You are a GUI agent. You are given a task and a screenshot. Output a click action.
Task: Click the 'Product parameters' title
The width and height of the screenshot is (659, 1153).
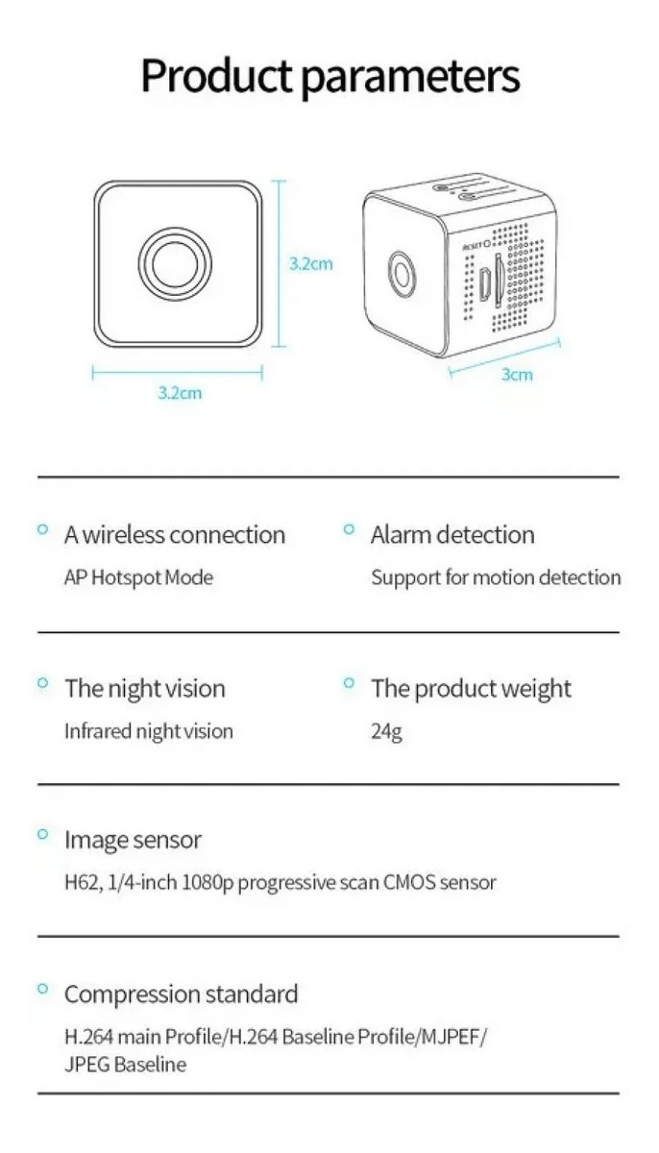[330, 77]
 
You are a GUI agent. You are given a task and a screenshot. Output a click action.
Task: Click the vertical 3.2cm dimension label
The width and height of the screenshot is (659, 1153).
[310, 264]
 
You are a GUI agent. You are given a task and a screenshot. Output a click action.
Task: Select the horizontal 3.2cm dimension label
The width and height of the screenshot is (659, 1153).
[180, 393]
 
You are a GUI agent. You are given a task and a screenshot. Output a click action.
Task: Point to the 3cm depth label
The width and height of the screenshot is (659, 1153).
[517, 375]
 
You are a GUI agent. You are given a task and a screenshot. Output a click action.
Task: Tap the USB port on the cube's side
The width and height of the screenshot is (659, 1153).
[484, 284]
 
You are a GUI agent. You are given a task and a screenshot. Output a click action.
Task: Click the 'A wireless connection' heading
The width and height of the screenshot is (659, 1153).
[175, 535]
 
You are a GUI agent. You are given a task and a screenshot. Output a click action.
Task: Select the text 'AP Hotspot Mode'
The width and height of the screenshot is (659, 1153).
[139, 577]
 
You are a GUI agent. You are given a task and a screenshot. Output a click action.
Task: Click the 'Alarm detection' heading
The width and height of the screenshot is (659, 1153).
[452, 535]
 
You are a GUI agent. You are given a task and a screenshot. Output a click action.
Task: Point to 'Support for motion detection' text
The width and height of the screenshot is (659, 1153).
[496, 577]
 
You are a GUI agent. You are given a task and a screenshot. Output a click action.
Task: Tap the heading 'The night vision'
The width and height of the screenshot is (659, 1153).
[145, 689]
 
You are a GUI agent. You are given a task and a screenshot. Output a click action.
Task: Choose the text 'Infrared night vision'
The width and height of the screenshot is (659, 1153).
[149, 731]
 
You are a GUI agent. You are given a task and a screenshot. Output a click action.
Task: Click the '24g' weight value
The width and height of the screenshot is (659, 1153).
[386, 731]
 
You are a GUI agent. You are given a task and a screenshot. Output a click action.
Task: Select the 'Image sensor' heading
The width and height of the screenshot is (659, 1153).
[133, 840]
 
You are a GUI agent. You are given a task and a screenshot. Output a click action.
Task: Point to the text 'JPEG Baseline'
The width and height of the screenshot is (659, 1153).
[126, 1064]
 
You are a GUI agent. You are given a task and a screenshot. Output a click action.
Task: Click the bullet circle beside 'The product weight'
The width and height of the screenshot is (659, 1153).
[349, 682]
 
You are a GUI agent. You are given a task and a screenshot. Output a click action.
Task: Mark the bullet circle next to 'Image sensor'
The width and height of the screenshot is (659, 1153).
[42, 833]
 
